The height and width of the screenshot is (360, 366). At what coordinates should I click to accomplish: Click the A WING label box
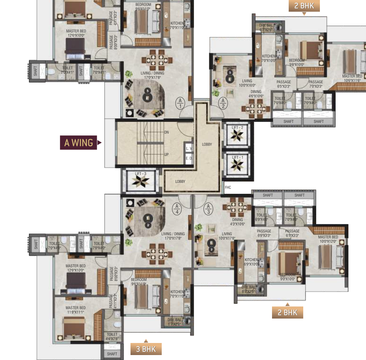tap(78, 143)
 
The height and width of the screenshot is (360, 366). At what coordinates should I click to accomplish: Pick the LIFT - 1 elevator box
tap(237, 163)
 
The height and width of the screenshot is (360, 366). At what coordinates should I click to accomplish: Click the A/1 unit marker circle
tap(180, 103)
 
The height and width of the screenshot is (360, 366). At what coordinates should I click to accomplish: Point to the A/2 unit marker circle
tap(223, 103)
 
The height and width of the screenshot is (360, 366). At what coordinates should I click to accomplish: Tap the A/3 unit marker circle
tap(209, 209)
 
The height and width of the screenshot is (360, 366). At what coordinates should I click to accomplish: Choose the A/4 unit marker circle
tap(177, 209)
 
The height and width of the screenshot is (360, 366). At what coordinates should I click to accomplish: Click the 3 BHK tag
tap(146, 349)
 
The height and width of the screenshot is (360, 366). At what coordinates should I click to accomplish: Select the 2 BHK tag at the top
tap(304, 6)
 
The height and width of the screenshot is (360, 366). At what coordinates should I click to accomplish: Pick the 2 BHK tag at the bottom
tap(288, 313)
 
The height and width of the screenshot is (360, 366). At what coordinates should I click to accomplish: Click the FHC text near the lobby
tap(228, 188)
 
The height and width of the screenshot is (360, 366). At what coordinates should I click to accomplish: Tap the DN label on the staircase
tap(166, 133)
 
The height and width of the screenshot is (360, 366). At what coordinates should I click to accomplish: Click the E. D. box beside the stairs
tap(189, 159)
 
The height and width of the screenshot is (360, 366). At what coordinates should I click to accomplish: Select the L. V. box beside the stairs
tap(189, 148)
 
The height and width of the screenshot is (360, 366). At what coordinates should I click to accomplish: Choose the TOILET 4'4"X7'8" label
tap(112, 337)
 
